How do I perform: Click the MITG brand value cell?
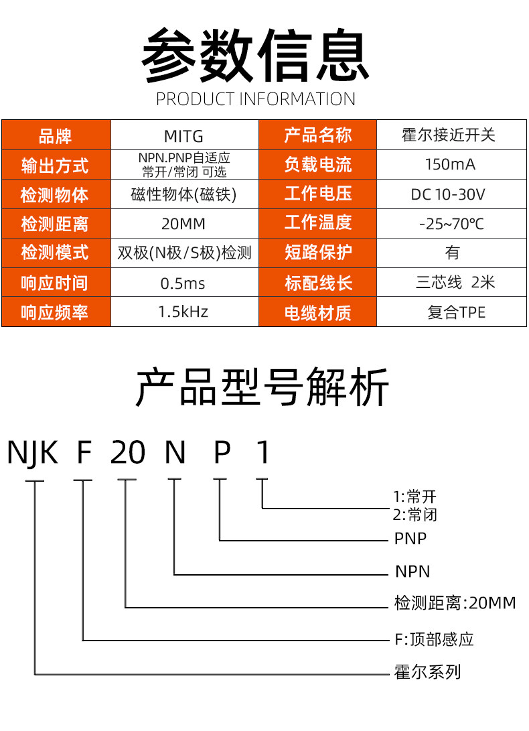tap(184, 135)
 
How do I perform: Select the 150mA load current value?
tap(451, 165)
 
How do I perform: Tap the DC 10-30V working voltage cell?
tap(451, 194)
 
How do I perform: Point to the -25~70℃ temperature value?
tap(451, 223)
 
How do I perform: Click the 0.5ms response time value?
tap(184, 283)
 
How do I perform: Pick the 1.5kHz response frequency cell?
tap(184, 312)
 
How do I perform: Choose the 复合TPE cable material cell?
tap(451, 312)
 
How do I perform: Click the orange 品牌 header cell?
tap(56, 135)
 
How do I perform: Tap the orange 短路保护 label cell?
tap(318, 253)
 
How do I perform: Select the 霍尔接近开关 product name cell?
tap(451, 135)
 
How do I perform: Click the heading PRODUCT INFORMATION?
tap(255, 99)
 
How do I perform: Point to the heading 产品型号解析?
tap(262, 387)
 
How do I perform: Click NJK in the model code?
tap(32, 453)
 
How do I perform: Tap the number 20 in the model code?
tap(128, 453)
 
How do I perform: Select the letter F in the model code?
tap(84, 453)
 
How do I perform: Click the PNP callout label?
tap(410, 539)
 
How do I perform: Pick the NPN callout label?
tap(412, 572)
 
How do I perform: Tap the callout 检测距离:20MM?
tap(455, 603)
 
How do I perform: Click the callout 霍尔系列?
tap(427, 672)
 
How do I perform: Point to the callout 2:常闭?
tap(414, 515)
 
